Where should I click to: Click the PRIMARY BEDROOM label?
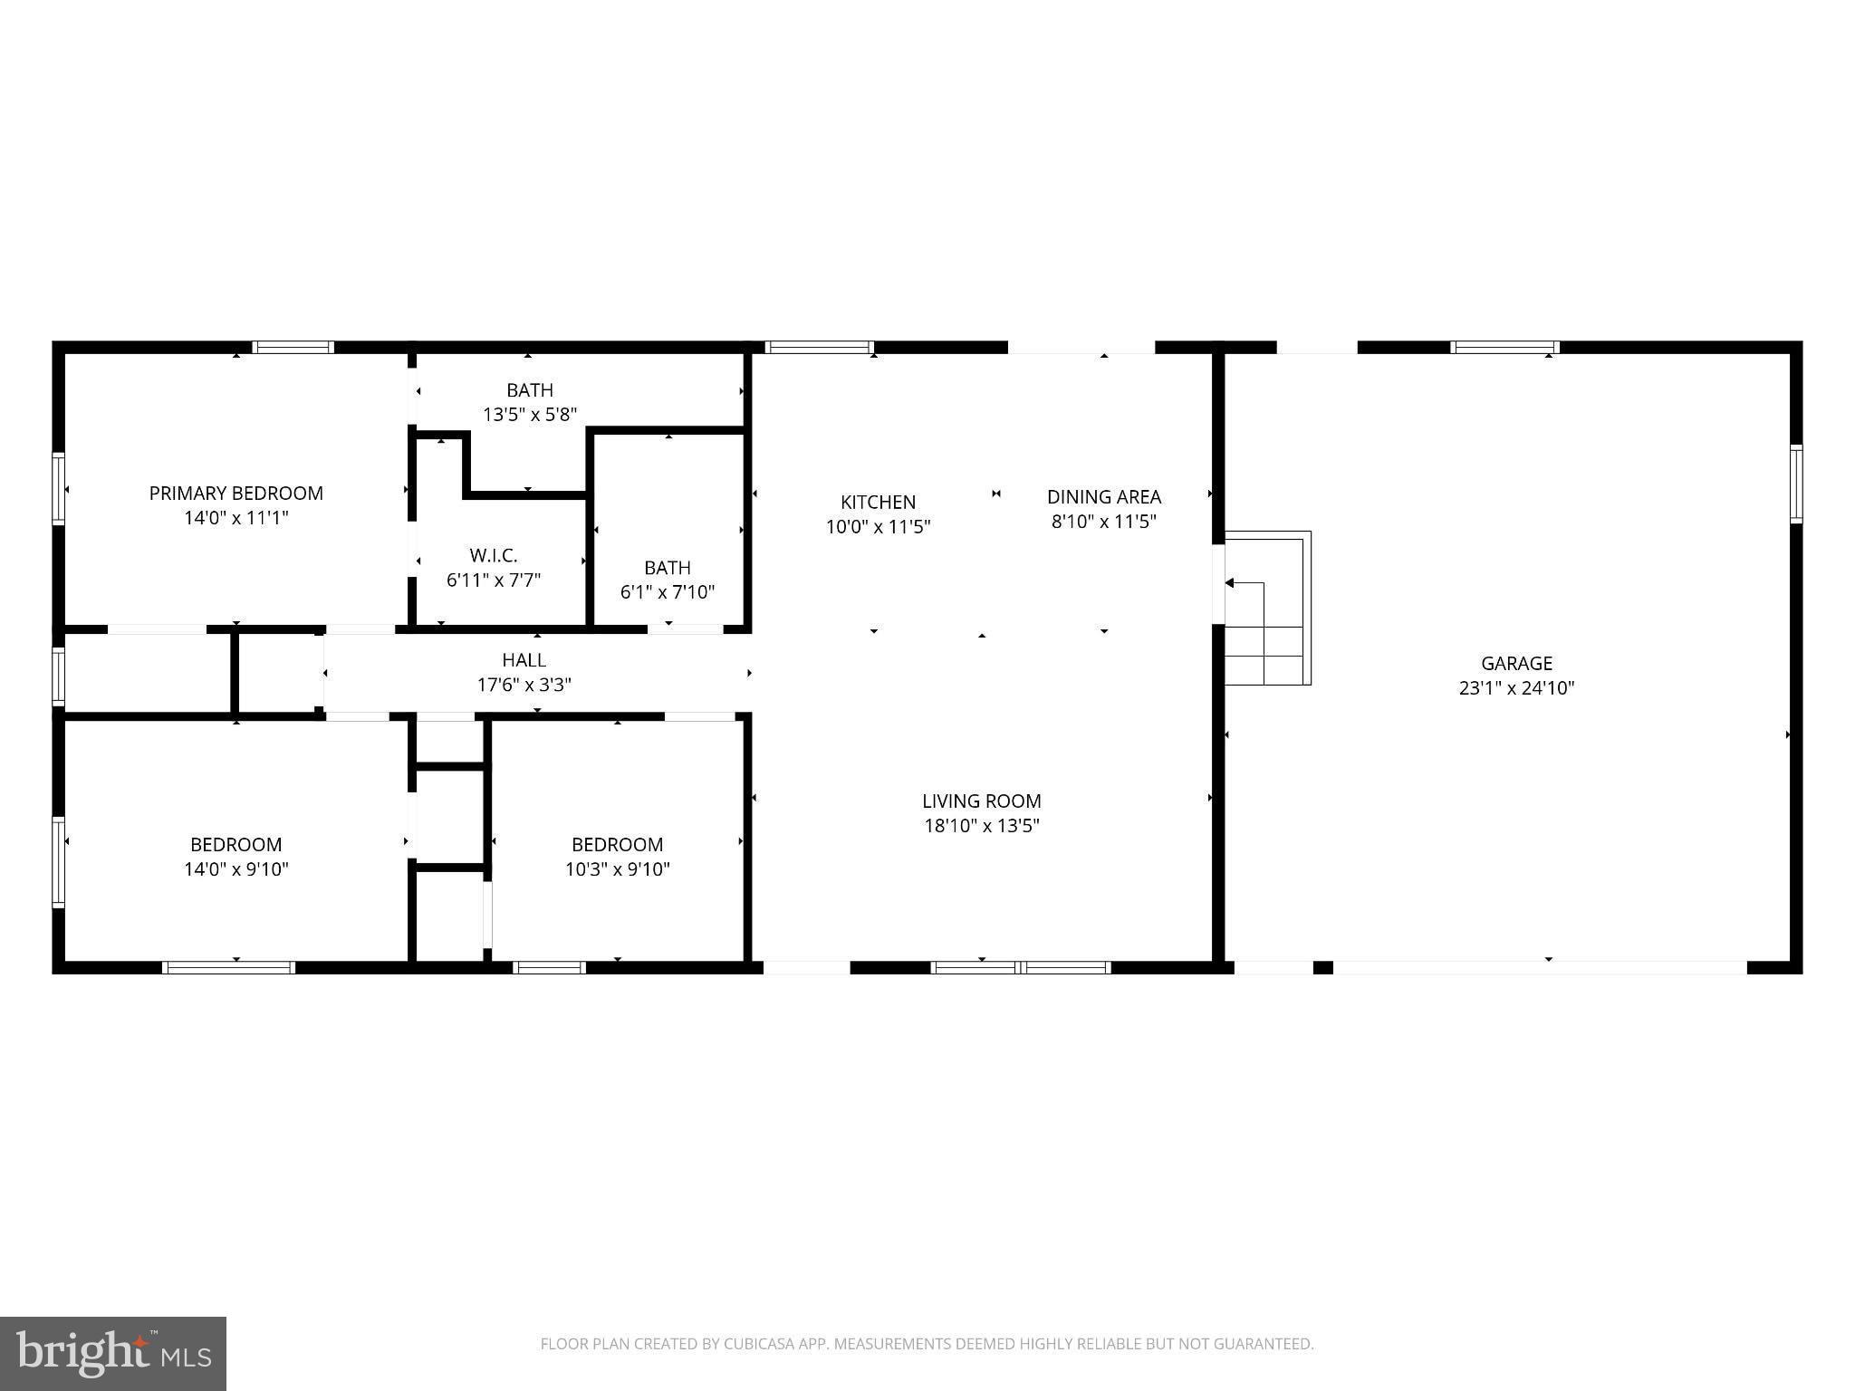click(x=235, y=494)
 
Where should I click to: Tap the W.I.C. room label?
click(x=494, y=556)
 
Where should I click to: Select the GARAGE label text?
click(x=1516, y=664)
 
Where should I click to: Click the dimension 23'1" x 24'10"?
click(x=1516, y=688)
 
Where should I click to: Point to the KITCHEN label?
click(x=878, y=503)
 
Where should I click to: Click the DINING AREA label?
click(x=1103, y=497)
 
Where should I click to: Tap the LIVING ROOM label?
click(x=981, y=801)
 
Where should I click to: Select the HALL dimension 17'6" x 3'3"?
click(x=524, y=685)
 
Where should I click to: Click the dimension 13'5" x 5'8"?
click(x=529, y=415)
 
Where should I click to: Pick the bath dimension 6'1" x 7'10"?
click(x=667, y=592)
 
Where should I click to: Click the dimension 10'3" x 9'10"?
click(x=617, y=869)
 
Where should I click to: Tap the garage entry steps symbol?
click(x=1267, y=609)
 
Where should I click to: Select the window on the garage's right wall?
click(x=1795, y=484)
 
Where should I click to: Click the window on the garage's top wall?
click(x=1504, y=347)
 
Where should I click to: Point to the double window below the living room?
click(x=1021, y=967)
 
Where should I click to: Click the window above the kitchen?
click(x=819, y=347)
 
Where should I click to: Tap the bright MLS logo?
click(x=112, y=1353)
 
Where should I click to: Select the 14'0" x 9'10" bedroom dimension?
click(x=235, y=869)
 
